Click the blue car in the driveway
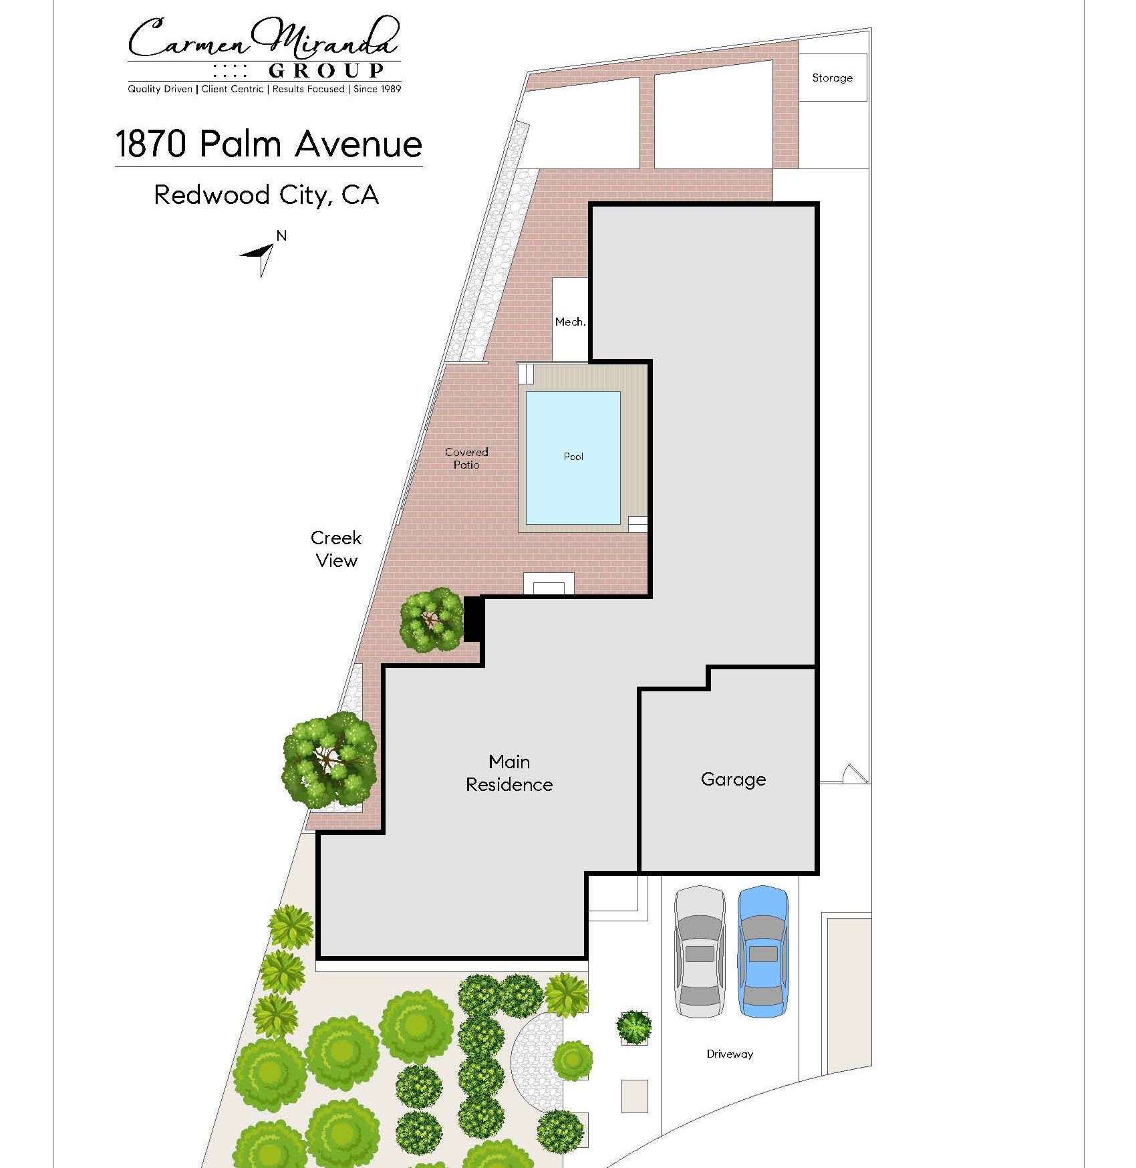point(763,952)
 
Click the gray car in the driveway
point(700,952)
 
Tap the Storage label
point(832,78)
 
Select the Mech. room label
point(570,322)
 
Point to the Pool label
point(573,457)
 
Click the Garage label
point(733,780)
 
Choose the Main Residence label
point(509,773)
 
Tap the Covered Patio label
point(466,458)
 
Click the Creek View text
point(336,549)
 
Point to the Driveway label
point(730,1054)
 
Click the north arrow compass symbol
point(259,257)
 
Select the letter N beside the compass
point(281,235)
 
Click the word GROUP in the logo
point(326,71)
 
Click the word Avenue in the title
point(358,144)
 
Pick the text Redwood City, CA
point(267,195)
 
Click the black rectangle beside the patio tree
point(473,619)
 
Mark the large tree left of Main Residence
point(329,760)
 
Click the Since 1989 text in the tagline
point(377,89)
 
